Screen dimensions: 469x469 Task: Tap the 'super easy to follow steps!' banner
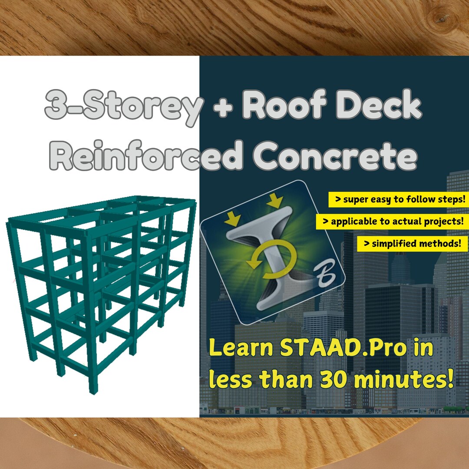click(x=398, y=200)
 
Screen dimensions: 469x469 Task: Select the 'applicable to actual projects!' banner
click(x=392, y=221)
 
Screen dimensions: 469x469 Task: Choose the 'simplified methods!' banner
click(x=412, y=244)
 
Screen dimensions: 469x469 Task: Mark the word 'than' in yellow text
click(x=287, y=379)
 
